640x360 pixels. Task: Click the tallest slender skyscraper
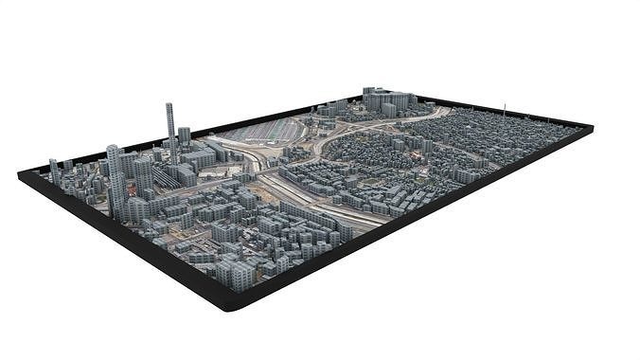[x=171, y=128]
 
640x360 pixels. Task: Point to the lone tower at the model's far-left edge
[x=54, y=171]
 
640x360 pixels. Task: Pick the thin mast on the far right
[x=504, y=110]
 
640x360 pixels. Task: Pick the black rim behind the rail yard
[x=284, y=111]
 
